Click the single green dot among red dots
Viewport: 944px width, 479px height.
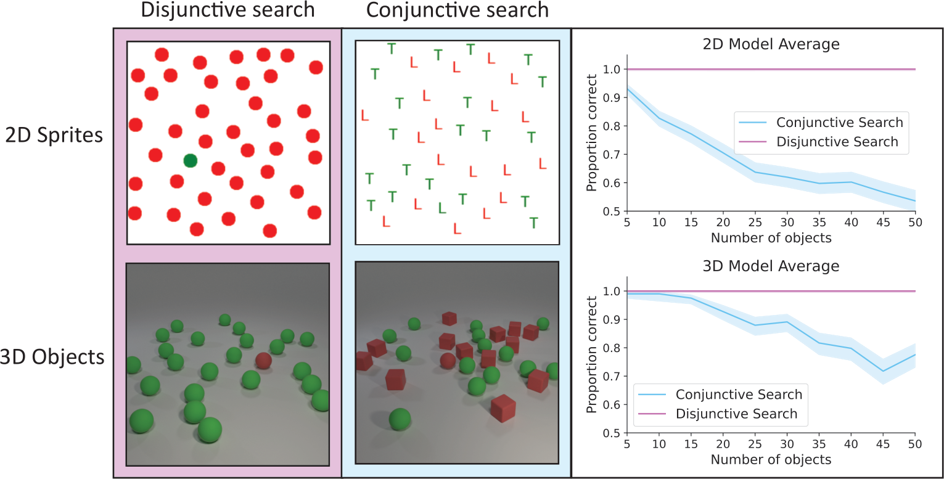(x=190, y=161)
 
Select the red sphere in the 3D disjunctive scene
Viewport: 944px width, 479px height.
(x=263, y=361)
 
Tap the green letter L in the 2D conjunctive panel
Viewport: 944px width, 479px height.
(x=441, y=208)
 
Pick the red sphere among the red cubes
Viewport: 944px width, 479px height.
(x=448, y=361)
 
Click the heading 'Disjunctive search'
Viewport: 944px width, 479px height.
(x=228, y=10)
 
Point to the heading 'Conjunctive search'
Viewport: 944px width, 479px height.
(x=457, y=10)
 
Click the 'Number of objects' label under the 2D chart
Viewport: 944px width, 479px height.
(x=771, y=238)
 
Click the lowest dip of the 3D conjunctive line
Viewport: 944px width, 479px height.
(x=883, y=371)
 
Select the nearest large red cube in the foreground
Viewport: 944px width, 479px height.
(x=503, y=409)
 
